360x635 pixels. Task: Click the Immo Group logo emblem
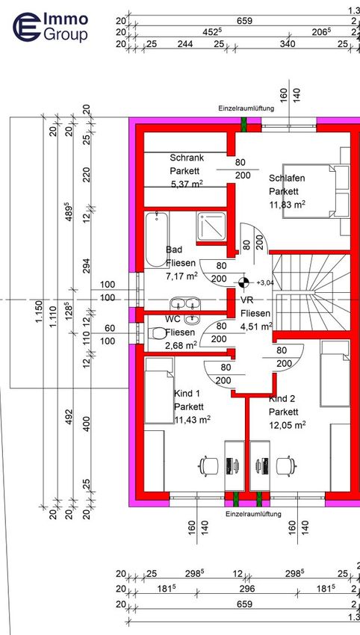tap(27, 27)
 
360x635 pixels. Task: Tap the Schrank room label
tap(187, 158)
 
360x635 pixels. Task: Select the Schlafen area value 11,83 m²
tap(287, 205)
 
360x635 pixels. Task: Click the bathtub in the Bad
tap(157, 239)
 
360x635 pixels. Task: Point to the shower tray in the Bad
tap(212, 226)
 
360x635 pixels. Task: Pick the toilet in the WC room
tap(157, 333)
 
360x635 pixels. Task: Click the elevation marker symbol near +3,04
tap(243, 282)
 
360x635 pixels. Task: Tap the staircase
tap(310, 292)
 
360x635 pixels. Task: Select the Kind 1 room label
tap(187, 393)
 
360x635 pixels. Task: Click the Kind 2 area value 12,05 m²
tap(287, 425)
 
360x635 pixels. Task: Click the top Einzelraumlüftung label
tap(246, 108)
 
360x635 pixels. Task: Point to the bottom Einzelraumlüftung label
tap(253, 514)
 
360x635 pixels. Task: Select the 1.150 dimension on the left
tap(39, 312)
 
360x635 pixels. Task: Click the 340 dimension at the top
tap(288, 43)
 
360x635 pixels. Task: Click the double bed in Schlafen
tap(310, 191)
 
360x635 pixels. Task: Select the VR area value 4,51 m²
tap(256, 326)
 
